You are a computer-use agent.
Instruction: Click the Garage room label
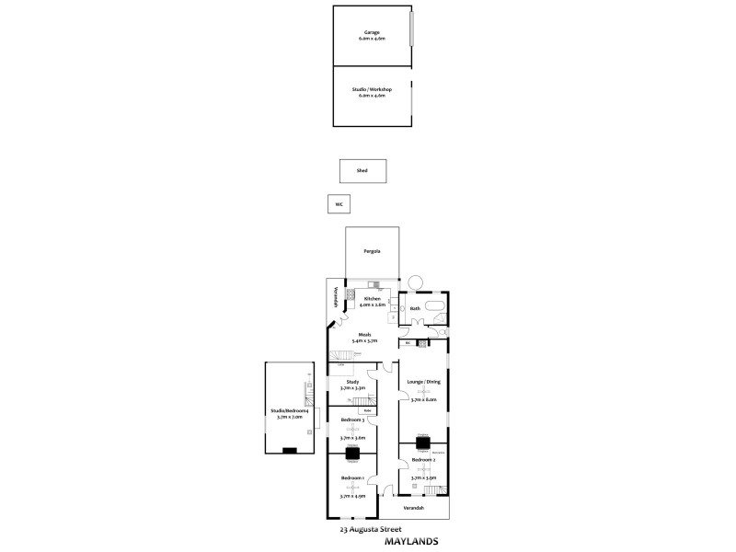click(x=371, y=32)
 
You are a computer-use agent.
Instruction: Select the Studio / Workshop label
click(x=373, y=89)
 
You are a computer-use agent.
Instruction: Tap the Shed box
click(x=362, y=170)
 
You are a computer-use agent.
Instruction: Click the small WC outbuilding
click(x=339, y=203)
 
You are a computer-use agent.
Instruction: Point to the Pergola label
click(x=372, y=251)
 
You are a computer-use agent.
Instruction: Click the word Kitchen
click(x=373, y=299)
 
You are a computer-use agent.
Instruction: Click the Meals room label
click(x=351, y=335)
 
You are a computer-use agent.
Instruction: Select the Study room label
click(x=352, y=381)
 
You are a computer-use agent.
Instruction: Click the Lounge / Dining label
click(x=422, y=381)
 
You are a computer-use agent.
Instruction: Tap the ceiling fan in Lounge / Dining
click(x=422, y=391)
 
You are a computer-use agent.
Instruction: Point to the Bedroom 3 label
click(x=353, y=420)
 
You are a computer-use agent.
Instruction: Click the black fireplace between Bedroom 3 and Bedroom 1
click(x=352, y=453)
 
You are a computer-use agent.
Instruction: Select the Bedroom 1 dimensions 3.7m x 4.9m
click(x=352, y=496)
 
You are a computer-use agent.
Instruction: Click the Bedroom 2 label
click(x=422, y=459)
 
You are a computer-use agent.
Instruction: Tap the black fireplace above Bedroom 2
click(x=422, y=443)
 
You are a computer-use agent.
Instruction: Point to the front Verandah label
click(x=415, y=508)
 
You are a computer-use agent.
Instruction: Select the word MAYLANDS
click(x=409, y=541)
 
